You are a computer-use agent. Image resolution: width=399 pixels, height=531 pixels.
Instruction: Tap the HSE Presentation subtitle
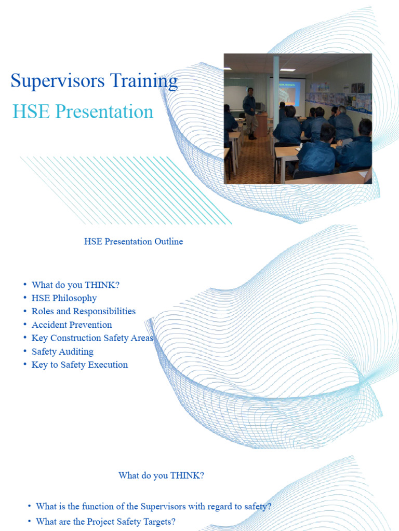tap(83, 111)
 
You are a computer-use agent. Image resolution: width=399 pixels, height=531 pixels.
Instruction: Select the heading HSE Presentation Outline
tap(134, 242)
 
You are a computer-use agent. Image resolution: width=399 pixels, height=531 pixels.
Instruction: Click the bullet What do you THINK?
tap(75, 285)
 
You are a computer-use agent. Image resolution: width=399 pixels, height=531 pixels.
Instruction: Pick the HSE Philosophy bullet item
tap(64, 298)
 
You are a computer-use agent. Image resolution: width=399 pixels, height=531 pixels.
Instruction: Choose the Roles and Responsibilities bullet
tap(83, 311)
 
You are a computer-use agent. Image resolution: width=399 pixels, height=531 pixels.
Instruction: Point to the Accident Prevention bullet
tap(72, 325)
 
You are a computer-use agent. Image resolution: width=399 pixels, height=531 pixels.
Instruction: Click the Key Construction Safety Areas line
tap(92, 338)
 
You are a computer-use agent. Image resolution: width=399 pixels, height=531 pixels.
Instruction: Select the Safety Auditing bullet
tap(62, 352)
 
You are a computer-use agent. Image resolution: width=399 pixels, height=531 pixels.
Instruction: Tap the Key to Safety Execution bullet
tap(79, 365)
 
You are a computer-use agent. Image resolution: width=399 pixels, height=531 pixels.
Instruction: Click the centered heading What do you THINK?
tap(161, 476)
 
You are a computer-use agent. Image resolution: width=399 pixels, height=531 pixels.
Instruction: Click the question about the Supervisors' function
tap(153, 506)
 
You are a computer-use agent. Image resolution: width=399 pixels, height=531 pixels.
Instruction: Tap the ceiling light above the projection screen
tap(287, 69)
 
